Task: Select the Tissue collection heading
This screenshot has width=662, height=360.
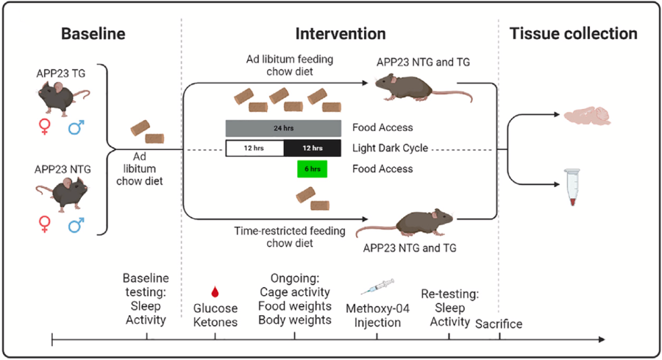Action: point(573,34)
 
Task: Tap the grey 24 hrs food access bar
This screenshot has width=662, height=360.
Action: point(283,128)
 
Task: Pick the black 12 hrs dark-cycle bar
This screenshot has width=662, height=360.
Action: point(312,148)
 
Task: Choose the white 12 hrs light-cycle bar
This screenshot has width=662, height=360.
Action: point(255,148)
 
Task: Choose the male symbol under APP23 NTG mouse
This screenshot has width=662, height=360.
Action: point(76,225)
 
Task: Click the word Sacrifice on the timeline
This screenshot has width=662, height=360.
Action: point(499,323)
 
